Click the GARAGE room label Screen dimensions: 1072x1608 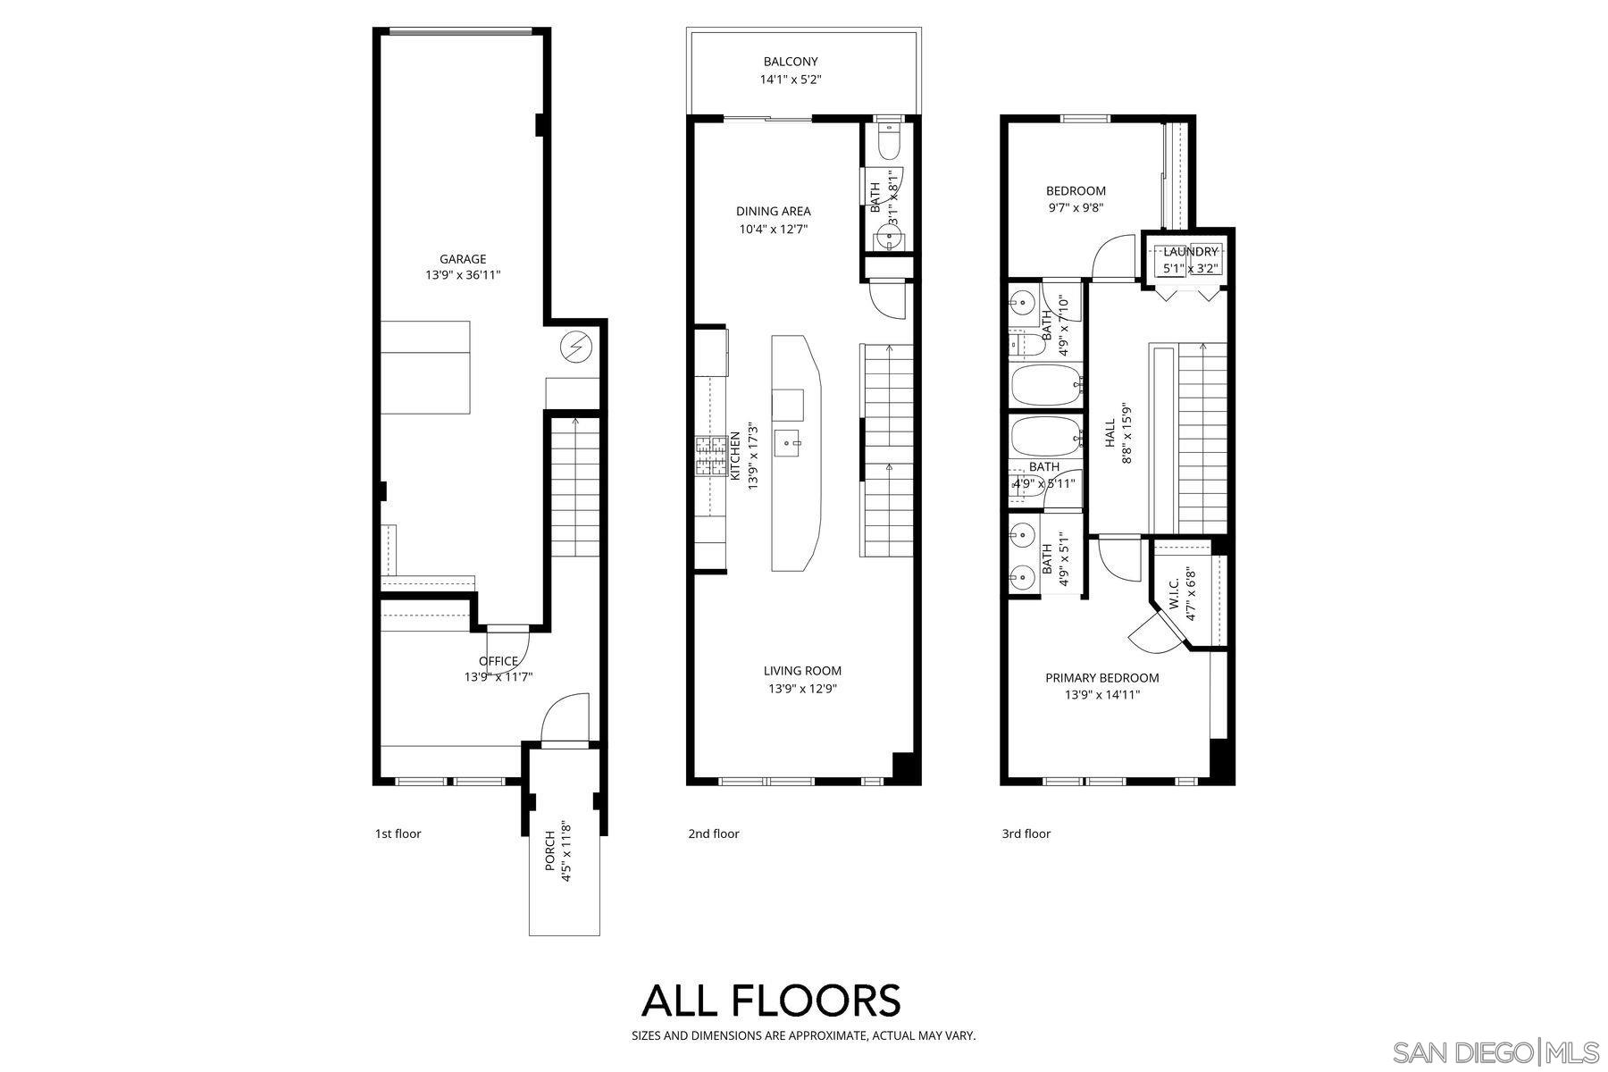tap(463, 259)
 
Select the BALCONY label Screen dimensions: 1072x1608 tap(791, 62)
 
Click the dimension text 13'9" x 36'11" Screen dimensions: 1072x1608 tap(463, 276)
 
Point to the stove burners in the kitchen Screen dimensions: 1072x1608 tap(711, 456)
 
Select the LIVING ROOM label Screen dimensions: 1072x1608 tap(802, 671)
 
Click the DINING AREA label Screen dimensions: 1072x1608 tap(774, 212)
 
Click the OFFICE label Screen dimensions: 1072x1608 tap(498, 661)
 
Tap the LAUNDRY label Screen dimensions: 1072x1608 tap(1191, 252)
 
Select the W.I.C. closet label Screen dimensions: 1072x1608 tap(1174, 594)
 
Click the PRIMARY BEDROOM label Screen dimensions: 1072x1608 tap(1102, 678)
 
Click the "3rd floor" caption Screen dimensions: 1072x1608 tap(1026, 833)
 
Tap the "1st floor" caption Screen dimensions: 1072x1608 tap(398, 833)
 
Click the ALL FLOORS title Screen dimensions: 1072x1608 tap(771, 1001)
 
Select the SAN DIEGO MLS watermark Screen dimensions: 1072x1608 tap(1497, 1051)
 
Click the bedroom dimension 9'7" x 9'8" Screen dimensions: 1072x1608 tap(1076, 207)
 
